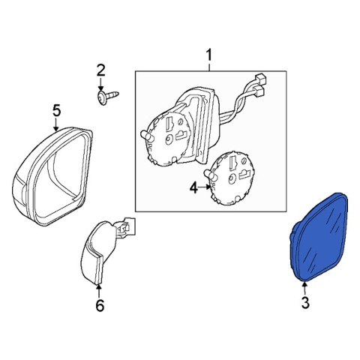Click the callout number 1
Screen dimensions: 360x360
[x=208, y=55]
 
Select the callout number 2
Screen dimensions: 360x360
[x=100, y=70]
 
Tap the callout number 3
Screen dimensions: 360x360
[x=305, y=303]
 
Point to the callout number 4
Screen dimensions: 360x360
[x=193, y=187]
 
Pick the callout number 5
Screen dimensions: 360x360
[x=56, y=110]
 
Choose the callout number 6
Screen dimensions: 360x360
[x=100, y=305]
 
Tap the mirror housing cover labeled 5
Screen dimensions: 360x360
[x=52, y=176]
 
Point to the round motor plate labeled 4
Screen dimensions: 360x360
[x=231, y=178]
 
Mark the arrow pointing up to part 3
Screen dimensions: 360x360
[x=304, y=288]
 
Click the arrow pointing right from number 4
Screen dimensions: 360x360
[x=205, y=187]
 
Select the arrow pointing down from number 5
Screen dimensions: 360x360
[x=56, y=124]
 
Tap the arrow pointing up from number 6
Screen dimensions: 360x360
[x=99, y=291]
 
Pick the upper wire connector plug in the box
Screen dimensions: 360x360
[x=261, y=79]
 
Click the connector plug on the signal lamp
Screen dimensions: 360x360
[x=127, y=226]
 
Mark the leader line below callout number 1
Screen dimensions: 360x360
[x=209, y=67]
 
